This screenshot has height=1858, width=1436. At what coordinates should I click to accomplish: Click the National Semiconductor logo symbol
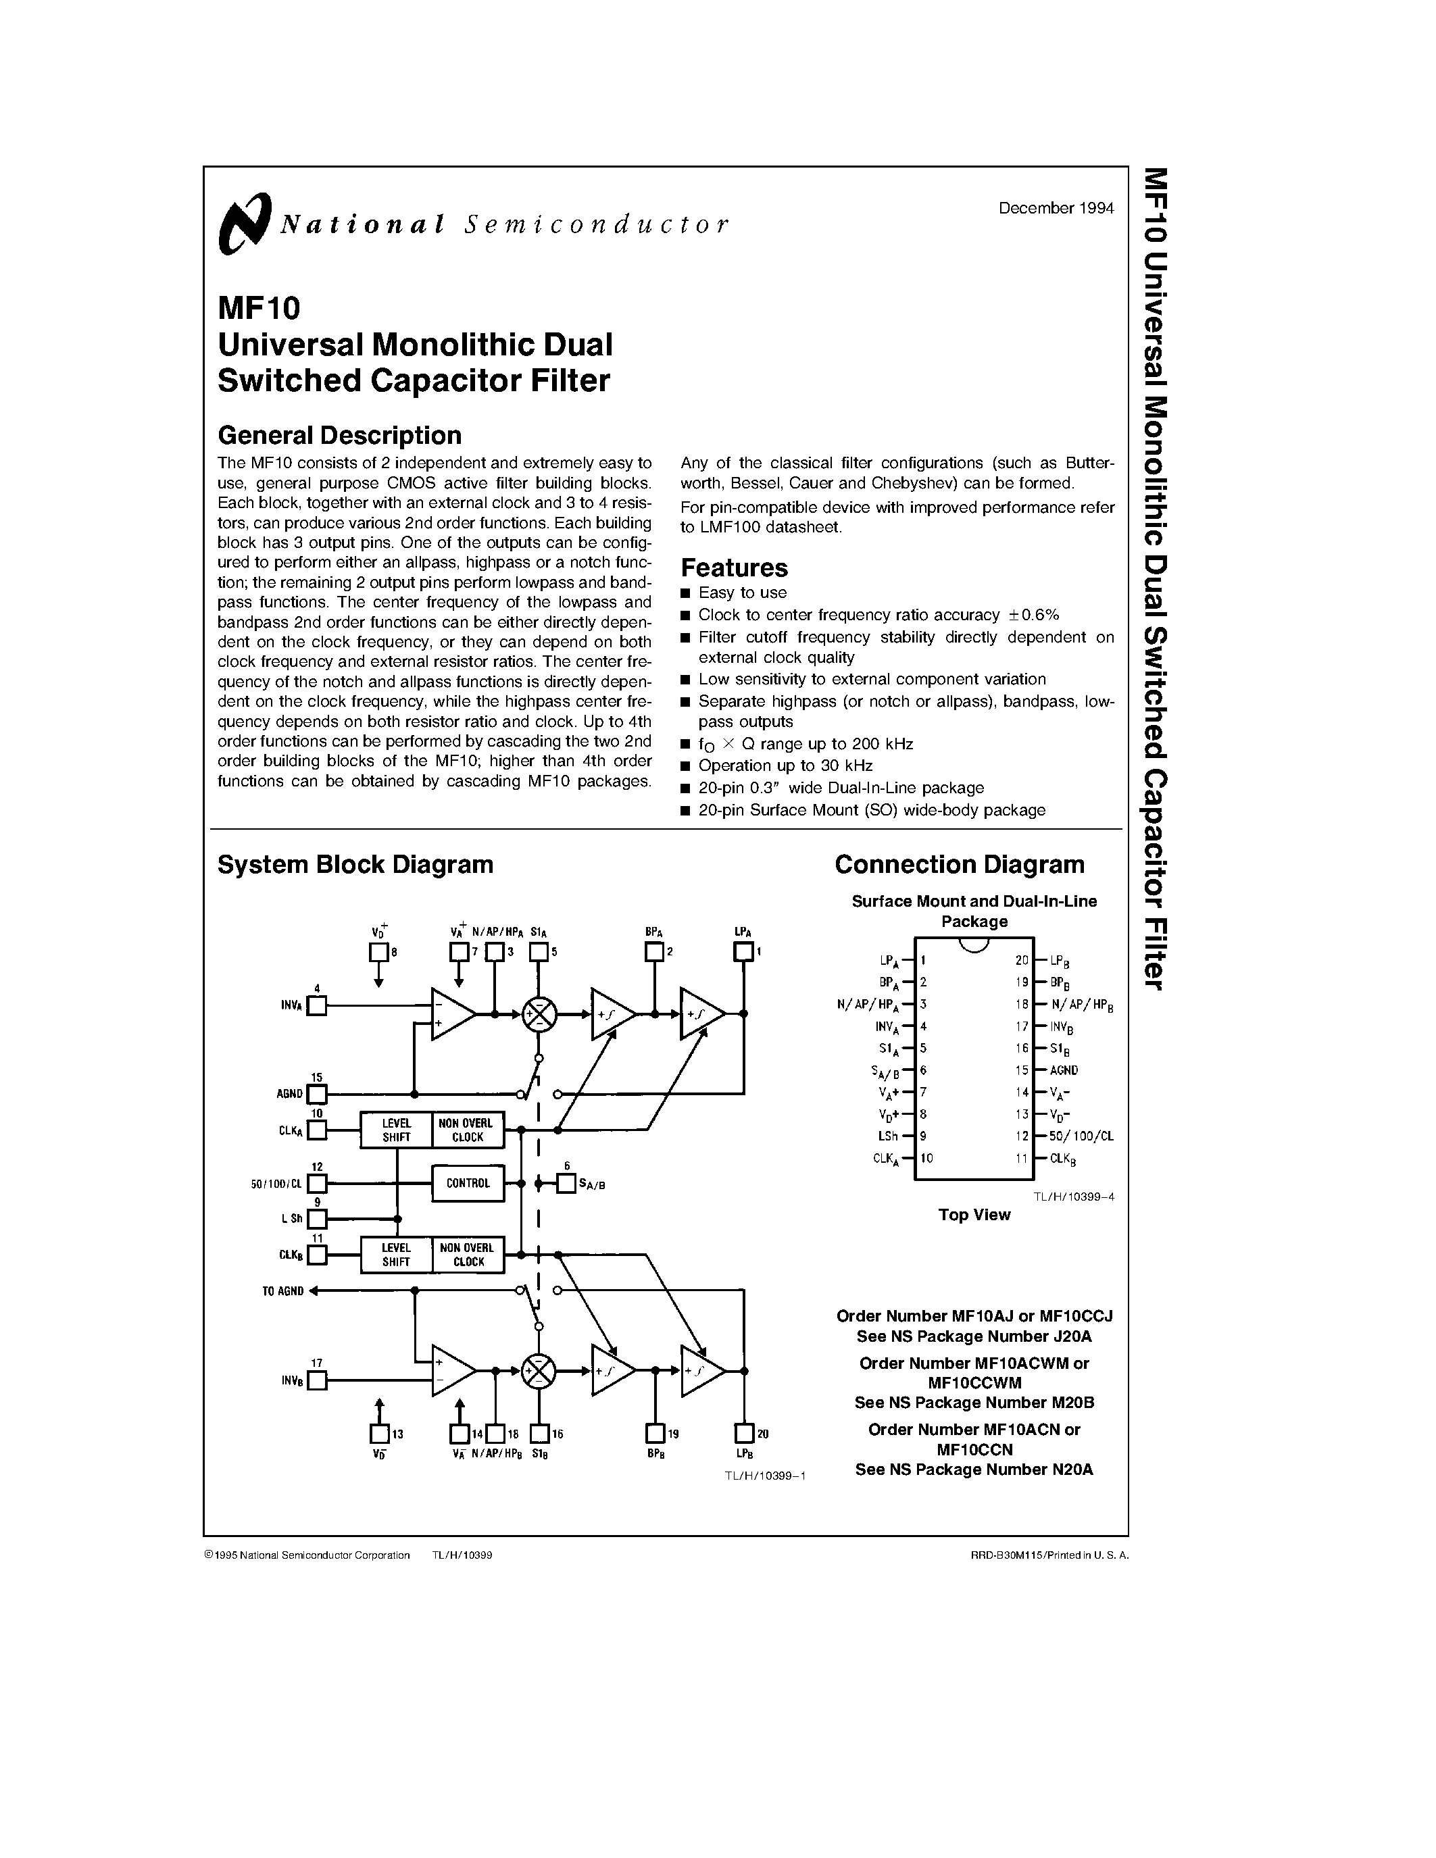pyautogui.click(x=244, y=224)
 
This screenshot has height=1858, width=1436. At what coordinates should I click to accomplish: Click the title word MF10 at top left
pyautogui.click(x=259, y=307)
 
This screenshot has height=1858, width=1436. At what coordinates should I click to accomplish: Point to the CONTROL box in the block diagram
pyautogui.click(x=468, y=1183)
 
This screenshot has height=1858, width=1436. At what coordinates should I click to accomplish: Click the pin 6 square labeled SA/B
pyautogui.click(x=566, y=1183)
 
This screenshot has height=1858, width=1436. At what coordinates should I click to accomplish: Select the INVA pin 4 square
pyautogui.click(x=316, y=1005)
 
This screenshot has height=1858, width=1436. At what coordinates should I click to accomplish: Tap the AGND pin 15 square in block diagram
pyautogui.click(x=316, y=1094)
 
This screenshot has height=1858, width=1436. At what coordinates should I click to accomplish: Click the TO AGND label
pyautogui.click(x=282, y=1291)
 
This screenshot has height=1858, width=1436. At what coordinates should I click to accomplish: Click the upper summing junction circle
pyautogui.click(x=539, y=1014)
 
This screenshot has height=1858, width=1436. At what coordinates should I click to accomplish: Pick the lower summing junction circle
pyautogui.click(x=539, y=1371)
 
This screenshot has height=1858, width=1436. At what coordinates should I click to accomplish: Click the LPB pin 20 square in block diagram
pyautogui.click(x=745, y=1434)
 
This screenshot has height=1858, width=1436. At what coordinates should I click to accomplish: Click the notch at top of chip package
pyautogui.click(x=974, y=945)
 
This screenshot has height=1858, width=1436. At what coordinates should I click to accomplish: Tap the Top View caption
pyautogui.click(x=974, y=1215)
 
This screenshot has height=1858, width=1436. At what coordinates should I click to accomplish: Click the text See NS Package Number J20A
pyautogui.click(x=974, y=1336)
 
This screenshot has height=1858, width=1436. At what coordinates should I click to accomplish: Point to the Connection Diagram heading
pyautogui.click(x=959, y=864)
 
